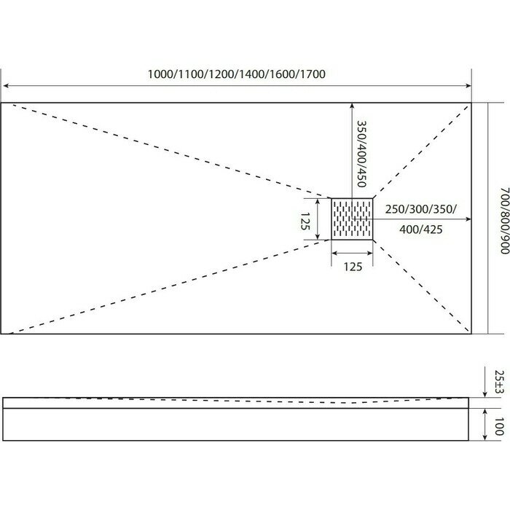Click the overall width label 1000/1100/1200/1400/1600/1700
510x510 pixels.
tap(235, 74)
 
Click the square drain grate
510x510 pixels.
tap(353, 219)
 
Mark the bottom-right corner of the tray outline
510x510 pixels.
tap(471, 334)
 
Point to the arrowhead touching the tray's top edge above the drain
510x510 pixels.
tap(353, 106)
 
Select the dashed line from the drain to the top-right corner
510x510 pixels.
tap(423, 149)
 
